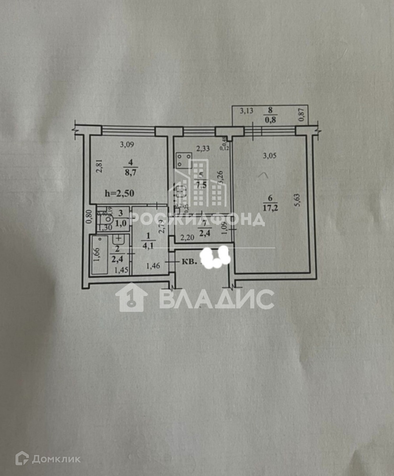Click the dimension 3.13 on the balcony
[246, 111]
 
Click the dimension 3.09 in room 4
[127, 145]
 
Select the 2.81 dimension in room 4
[100, 165]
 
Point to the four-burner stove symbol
[184, 160]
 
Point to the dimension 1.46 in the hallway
[153, 266]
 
